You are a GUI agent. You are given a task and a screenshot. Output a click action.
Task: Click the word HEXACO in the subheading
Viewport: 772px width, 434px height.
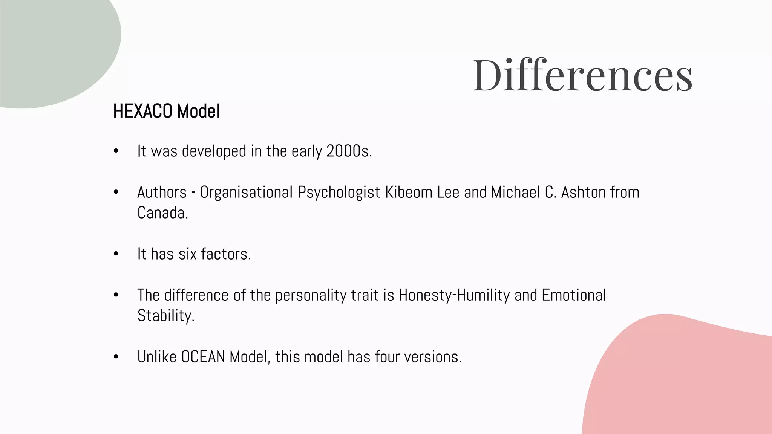point(143,111)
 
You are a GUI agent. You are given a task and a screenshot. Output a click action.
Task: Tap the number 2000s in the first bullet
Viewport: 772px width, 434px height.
point(349,151)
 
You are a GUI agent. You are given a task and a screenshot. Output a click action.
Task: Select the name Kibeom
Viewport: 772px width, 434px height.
point(409,192)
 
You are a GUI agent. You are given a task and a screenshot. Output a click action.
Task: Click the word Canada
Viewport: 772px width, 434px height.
point(162,213)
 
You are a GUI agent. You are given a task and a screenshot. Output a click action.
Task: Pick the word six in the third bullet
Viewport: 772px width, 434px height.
point(187,254)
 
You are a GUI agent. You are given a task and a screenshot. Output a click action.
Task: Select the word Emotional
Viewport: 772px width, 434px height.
point(574,295)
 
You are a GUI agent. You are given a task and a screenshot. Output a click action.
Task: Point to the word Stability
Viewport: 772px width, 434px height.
point(165,316)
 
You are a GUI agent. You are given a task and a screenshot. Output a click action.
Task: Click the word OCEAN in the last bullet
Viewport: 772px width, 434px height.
point(203,357)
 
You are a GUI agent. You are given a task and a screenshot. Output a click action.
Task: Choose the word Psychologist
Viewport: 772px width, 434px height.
point(339,193)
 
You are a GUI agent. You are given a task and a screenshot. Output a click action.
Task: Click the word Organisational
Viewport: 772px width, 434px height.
point(246,192)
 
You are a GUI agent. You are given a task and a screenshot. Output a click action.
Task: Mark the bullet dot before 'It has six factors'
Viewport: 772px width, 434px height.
point(116,254)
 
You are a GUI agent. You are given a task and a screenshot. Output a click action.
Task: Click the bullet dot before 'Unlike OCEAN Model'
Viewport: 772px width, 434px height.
point(116,357)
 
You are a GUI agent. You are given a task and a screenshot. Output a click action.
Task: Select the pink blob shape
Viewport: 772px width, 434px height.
point(679,377)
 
